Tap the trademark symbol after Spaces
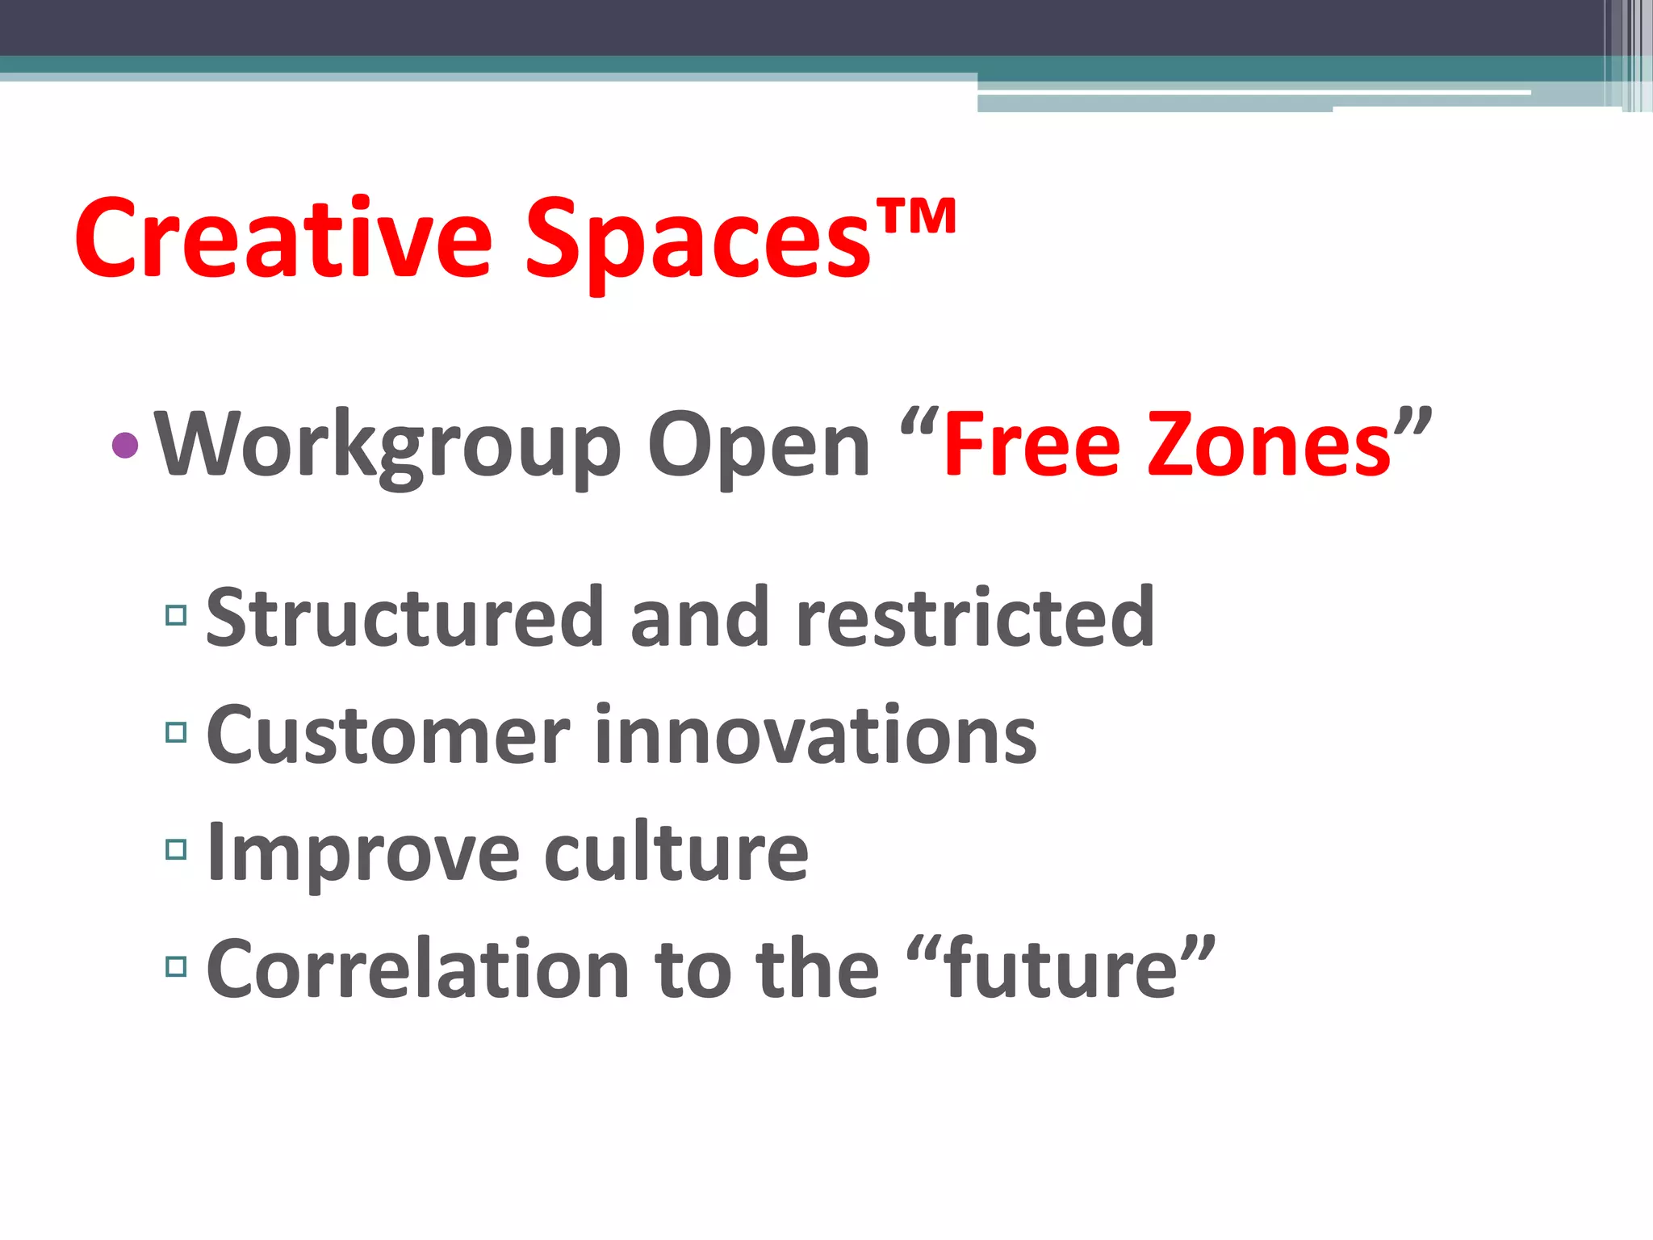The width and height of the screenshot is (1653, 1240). click(916, 216)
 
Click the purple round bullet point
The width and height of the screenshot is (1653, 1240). click(125, 445)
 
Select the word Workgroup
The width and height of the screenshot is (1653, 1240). click(387, 446)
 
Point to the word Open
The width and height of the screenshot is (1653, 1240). click(759, 446)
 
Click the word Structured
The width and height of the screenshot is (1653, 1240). click(404, 618)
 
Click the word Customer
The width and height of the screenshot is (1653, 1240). click(388, 735)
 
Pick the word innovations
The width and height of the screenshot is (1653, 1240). click(815, 735)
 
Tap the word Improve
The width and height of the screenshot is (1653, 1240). click(363, 852)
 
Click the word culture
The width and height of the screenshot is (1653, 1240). click(676, 852)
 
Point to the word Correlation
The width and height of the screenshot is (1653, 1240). click(418, 969)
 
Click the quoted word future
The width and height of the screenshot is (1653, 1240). click(1061, 969)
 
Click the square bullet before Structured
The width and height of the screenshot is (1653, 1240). click(176, 616)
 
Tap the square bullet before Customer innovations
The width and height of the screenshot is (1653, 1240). click(176, 732)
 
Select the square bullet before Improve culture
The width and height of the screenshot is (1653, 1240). click(176, 849)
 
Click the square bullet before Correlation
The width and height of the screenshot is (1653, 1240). click(176, 966)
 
